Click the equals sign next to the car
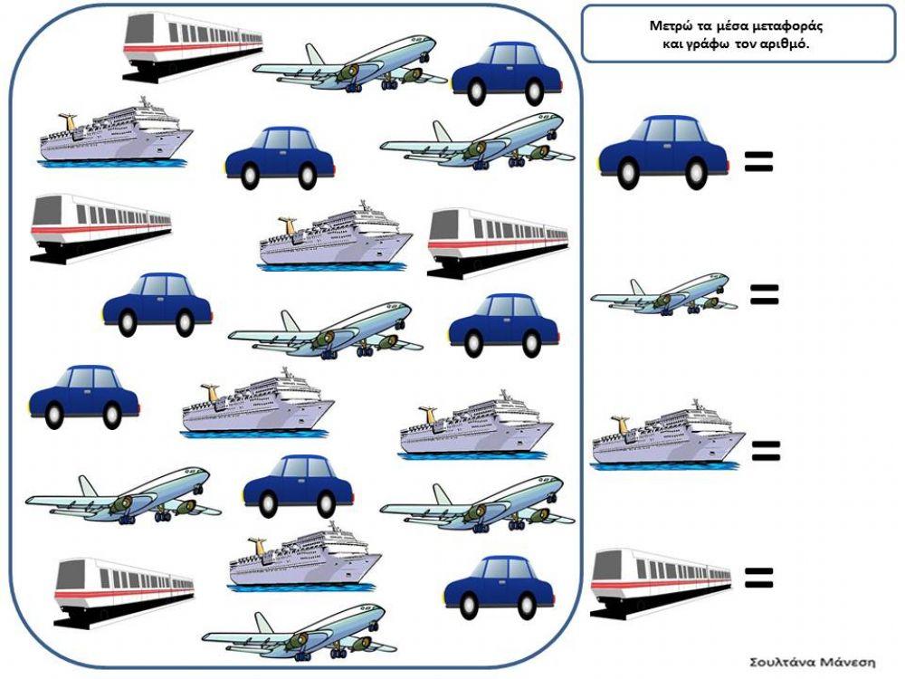758,162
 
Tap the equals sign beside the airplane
765,294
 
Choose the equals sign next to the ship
766,451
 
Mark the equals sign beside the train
758,578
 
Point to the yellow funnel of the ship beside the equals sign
621,423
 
